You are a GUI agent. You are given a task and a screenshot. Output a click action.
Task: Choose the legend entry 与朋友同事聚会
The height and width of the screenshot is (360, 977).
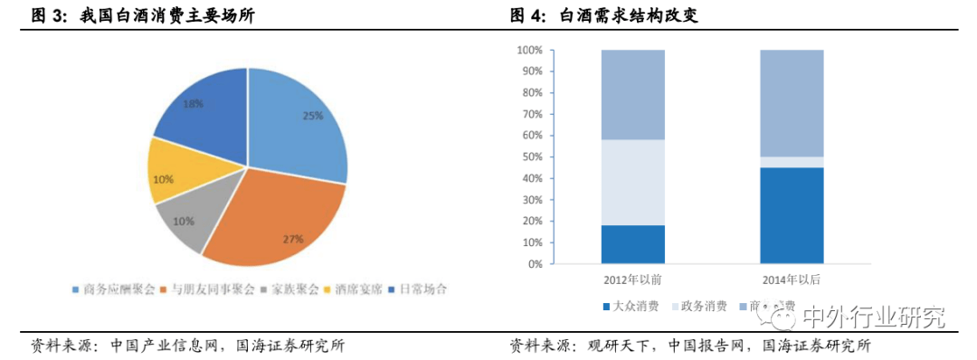click(x=204, y=289)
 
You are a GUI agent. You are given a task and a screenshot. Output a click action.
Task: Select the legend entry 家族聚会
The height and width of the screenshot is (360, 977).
click(x=289, y=289)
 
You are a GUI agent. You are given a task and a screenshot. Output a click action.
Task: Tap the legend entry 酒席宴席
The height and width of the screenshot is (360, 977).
click(x=353, y=289)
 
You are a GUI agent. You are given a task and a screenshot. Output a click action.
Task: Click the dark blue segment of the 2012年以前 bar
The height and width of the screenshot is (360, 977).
click(x=632, y=244)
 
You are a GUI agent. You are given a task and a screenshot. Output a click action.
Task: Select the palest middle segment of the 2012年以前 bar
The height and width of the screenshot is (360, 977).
click(x=632, y=182)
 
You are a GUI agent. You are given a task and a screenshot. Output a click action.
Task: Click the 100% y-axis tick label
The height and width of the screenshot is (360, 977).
click(x=527, y=50)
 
